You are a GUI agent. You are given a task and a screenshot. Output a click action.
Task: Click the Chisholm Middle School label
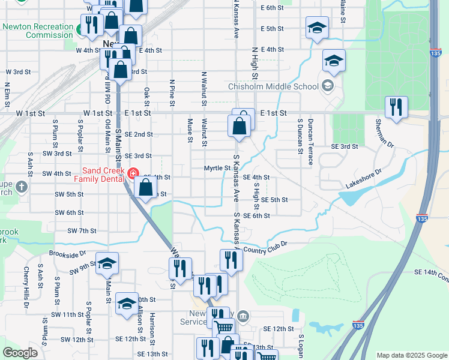273,86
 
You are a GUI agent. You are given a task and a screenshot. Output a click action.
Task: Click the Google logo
20,352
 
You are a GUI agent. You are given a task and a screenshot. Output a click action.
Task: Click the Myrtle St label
217,168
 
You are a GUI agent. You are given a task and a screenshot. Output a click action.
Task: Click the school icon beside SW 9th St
107,263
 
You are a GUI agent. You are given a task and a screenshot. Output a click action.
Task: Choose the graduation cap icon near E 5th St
317,28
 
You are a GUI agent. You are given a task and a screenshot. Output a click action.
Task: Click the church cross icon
22,187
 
